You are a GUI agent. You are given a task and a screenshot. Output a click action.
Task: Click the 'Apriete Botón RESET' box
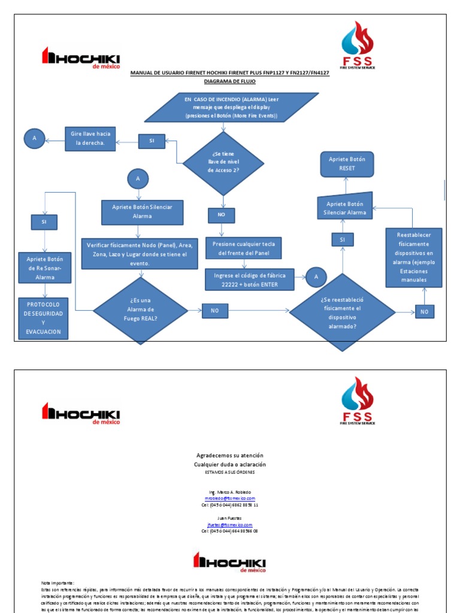(x=347, y=163)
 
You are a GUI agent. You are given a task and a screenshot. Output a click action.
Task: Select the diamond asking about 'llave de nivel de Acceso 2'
(x=223, y=163)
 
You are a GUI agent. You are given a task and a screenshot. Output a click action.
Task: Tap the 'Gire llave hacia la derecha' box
(x=90, y=139)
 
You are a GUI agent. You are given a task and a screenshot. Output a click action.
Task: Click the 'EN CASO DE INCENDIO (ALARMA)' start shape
(x=231, y=108)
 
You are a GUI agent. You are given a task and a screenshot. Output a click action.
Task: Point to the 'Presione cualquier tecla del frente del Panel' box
(x=243, y=248)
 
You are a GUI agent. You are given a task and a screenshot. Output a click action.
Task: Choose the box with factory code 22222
(x=250, y=280)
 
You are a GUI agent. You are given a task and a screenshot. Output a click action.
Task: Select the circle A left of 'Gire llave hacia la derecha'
(x=34, y=138)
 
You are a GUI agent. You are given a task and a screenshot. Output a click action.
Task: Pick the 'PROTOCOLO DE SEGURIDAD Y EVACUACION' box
(x=43, y=318)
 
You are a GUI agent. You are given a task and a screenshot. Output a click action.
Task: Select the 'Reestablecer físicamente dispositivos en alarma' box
(x=414, y=258)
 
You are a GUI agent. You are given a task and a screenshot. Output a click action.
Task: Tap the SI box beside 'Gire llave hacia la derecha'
(x=152, y=141)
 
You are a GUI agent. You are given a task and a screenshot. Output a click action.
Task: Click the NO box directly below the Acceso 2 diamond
(x=221, y=214)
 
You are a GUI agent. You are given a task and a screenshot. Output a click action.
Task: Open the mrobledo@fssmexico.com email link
(x=230, y=498)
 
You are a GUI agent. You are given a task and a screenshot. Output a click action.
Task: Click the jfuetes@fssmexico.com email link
(x=230, y=524)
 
